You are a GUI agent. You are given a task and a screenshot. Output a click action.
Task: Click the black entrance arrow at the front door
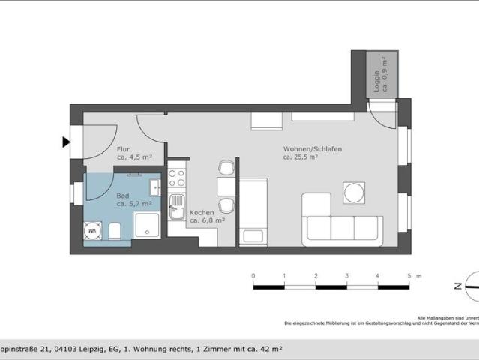(66, 142)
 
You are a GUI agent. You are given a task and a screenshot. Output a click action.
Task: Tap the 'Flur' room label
(123, 149)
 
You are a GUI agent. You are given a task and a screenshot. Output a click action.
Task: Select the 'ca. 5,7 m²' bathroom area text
(134, 203)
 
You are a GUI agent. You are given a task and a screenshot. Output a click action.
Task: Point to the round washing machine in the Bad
(94, 231)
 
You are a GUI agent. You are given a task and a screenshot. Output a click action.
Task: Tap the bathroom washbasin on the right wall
(154, 187)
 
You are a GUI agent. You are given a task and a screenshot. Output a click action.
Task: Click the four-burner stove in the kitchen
(176, 178)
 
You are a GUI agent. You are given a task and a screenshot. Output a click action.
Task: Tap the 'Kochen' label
(202, 212)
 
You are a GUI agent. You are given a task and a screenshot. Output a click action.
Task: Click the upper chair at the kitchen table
(226, 167)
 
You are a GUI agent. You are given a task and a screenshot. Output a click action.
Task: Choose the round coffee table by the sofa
(354, 193)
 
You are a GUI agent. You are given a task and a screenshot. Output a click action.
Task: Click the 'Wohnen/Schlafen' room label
(312, 149)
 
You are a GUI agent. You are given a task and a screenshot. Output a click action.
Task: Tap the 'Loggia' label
(376, 76)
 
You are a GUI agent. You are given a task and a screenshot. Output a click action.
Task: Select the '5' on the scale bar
(409, 276)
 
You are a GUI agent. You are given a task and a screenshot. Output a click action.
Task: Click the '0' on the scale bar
(253, 276)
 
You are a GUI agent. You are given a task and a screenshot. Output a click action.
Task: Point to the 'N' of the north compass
(456, 286)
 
